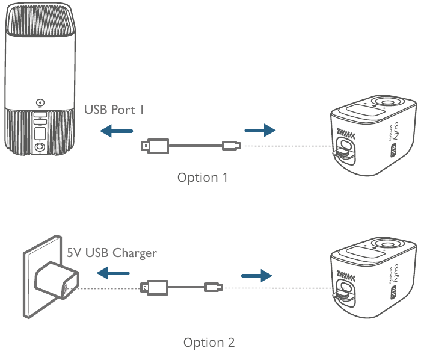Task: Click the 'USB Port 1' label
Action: (114, 110)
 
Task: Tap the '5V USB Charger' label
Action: (112, 253)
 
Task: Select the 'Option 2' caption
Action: (209, 343)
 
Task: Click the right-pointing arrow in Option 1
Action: (259, 130)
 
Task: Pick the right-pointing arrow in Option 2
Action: (257, 275)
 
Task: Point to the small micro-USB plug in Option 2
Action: (214, 287)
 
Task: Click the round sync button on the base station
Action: (40, 103)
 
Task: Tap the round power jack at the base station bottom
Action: (40, 147)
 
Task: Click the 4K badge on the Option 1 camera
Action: (395, 150)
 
